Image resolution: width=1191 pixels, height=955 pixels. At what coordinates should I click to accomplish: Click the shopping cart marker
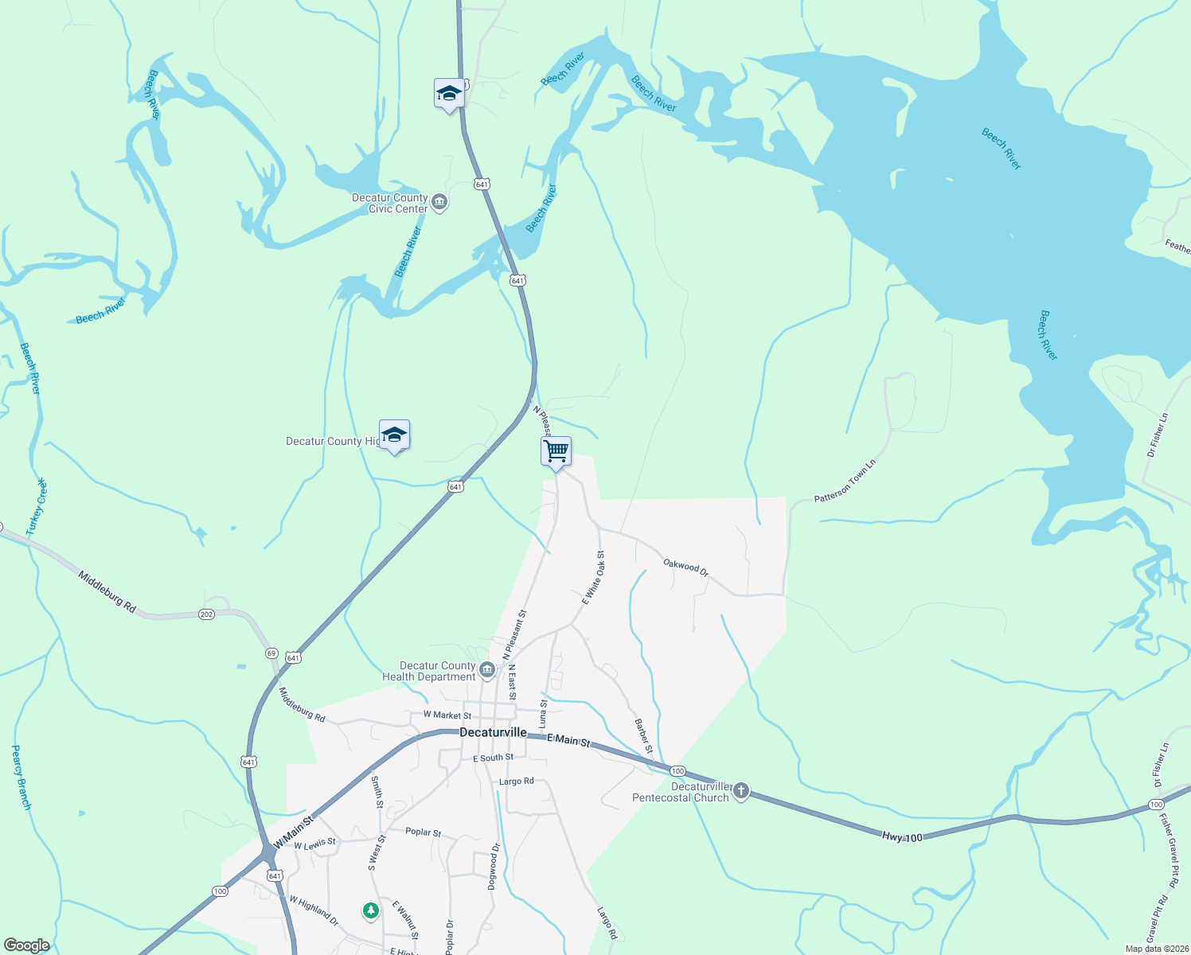click(x=556, y=452)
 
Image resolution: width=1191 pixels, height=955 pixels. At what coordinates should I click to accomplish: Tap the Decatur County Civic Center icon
click(x=439, y=202)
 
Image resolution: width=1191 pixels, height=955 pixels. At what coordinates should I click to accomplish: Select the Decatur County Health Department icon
click(x=487, y=670)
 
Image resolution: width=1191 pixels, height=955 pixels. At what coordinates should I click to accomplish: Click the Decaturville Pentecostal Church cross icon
click(x=741, y=791)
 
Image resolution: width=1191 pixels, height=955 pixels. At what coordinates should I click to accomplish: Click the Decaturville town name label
click(x=493, y=732)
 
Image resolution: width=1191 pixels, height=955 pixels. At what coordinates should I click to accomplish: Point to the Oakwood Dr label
click(x=685, y=567)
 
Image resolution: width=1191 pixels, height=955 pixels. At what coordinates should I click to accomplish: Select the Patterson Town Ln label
click(x=845, y=481)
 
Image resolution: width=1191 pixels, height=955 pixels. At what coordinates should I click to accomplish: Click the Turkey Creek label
click(x=37, y=507)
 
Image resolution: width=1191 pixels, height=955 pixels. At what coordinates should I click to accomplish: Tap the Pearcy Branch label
click(x=21, y=778)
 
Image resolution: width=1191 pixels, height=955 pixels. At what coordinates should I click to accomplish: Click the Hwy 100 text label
click(x=902, y=836)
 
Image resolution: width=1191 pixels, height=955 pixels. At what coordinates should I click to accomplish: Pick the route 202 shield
click(x=206, y=614)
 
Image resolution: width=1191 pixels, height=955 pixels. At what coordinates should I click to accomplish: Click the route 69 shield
click(x=271, y=653)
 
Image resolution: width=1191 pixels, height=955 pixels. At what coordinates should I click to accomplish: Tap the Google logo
click(x=26, y=945)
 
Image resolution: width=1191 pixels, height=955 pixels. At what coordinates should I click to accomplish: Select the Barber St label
click(x=643, y=736)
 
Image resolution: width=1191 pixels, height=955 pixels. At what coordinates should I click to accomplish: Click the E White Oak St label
click(x=594, y=578)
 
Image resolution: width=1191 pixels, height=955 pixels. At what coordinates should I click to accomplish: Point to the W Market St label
click(x=447, y=715)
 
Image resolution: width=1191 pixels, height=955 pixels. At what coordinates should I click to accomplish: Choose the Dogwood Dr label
click(x=494, y=866)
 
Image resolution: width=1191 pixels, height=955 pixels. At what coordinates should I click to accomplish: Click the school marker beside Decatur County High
click(x=394, y=435)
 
